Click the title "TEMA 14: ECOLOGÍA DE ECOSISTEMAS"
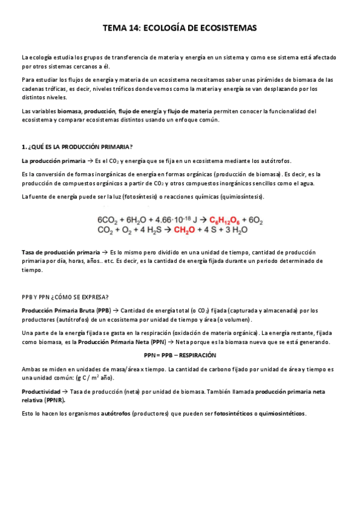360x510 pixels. click(x=180, y=28)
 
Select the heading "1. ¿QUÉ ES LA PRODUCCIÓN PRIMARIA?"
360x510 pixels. click(x=77, y=147)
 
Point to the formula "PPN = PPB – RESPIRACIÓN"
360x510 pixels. click(x=180, y=355)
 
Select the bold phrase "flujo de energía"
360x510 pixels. click(x=140, y=111)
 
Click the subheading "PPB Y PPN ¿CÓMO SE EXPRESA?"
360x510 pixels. click(x=65, y=297)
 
